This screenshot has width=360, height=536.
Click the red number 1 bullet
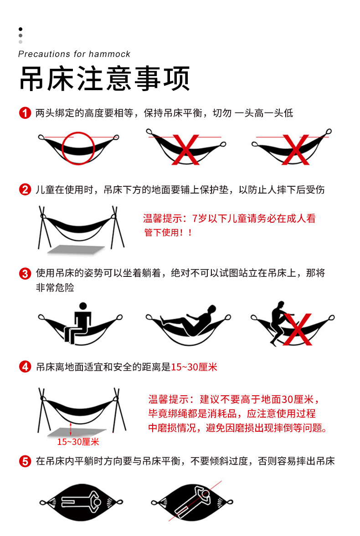(25, 113)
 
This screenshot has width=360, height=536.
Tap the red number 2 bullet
(25, 189)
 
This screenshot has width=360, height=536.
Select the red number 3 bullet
(25, 274)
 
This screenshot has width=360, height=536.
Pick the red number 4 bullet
(25, 367)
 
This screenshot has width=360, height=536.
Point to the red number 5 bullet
(25, 461)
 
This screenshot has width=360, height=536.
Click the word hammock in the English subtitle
(109, 54)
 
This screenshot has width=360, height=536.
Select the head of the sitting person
(83, 306)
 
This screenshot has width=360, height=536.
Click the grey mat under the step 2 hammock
(76, 250)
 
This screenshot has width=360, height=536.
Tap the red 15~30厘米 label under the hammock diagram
(78, 442)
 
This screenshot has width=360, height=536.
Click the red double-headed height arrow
(71, 429)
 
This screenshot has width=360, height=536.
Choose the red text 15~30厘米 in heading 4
(194, 367)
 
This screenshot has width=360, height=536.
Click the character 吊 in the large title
(32, 79)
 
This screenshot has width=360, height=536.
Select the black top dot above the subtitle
(21, 29)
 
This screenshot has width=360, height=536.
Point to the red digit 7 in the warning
(195, 219)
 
